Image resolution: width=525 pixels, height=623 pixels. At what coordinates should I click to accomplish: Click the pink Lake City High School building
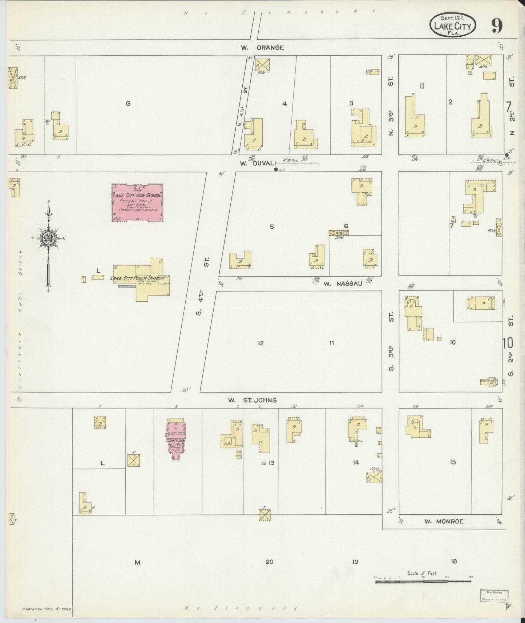pos(137,202)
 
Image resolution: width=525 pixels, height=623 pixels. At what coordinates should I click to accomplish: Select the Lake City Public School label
pos(138,278)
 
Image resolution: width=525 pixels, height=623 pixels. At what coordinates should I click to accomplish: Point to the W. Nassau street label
pos(343,284)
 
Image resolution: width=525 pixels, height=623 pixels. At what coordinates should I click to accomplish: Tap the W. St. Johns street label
pos(252,400)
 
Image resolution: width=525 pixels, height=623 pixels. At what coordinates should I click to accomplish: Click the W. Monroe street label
pos(444,521)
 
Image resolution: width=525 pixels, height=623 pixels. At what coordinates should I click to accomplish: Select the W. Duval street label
pos(253,164)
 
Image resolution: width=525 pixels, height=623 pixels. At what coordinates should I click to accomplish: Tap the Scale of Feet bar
pos(423,582)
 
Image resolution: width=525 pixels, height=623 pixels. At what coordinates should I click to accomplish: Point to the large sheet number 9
pos(497,25)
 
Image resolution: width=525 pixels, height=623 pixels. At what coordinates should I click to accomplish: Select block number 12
pos(261,343)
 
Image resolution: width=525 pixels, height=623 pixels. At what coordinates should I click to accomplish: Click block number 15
pos(452,462)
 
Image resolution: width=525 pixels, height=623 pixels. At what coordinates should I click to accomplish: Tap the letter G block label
pos(128,104)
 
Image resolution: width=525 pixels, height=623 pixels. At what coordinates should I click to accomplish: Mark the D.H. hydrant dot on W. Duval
pos(276,169)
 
